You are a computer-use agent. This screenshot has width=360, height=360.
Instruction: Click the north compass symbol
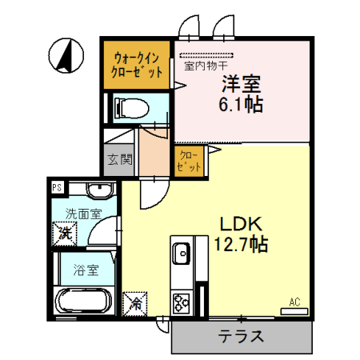pyautogui.click(x=63, y=55)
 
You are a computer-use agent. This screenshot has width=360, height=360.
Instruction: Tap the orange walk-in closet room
pyautogui.click(x=137, y=65)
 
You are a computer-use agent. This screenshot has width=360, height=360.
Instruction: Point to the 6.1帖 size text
pyautogui.click(x=241, y=104)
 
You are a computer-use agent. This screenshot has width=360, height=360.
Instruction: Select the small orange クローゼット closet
pyautogui.click(x=189, y=160)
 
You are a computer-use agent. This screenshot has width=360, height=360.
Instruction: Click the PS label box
pyautogui.click(x=57, y=188)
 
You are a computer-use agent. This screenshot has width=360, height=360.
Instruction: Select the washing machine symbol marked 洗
pyautogui.click(x=64, y=234)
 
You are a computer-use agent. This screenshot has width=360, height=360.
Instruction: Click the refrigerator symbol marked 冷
pyautogui.click(x=134, y=304)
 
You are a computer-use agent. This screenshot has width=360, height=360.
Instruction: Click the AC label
pyautogui.click(x=294, y=302)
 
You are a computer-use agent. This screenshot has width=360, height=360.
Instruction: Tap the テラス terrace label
pyautogui.click(x=241, y=337)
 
